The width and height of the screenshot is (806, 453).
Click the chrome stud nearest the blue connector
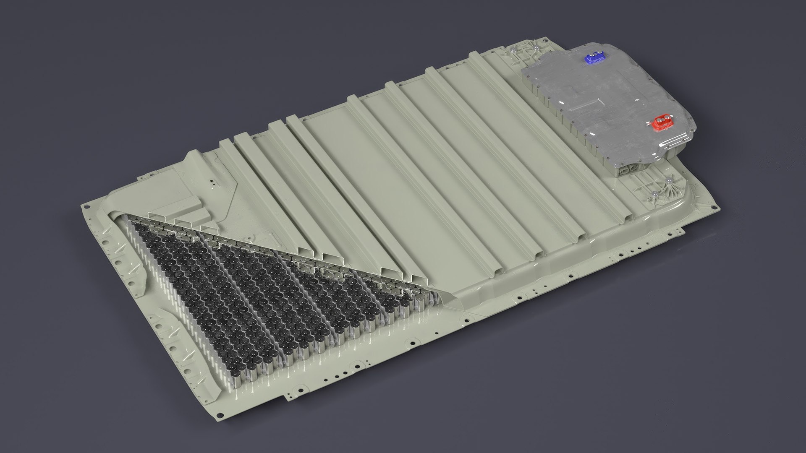(537, 49)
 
